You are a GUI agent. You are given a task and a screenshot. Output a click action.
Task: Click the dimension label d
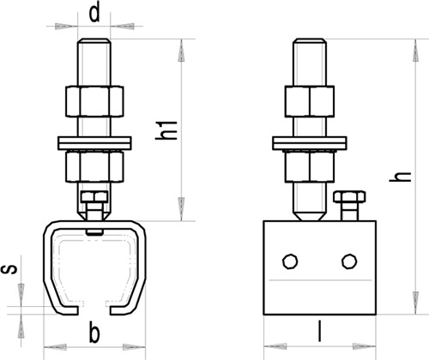click(x=94, y=13)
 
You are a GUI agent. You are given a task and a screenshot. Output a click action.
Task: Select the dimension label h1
click(x=166, y=130)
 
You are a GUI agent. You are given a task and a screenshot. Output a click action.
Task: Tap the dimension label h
click(x=401, y=177)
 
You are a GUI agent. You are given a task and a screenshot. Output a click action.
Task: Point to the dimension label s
click(x=9, y=269)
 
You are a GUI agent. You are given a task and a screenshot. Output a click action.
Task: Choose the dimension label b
click(x=94, y=333)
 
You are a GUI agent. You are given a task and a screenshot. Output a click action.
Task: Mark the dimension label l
click(x=319, y=332)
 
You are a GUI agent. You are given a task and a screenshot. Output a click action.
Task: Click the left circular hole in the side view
click(x=290, y=261)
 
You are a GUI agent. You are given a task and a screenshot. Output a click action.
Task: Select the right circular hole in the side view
click(x=349, y=261)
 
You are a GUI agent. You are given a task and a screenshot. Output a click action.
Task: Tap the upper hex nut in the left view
click(x=94, y=101)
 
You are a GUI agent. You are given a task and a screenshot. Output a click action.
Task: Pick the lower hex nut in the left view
click(x=94, y=167)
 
